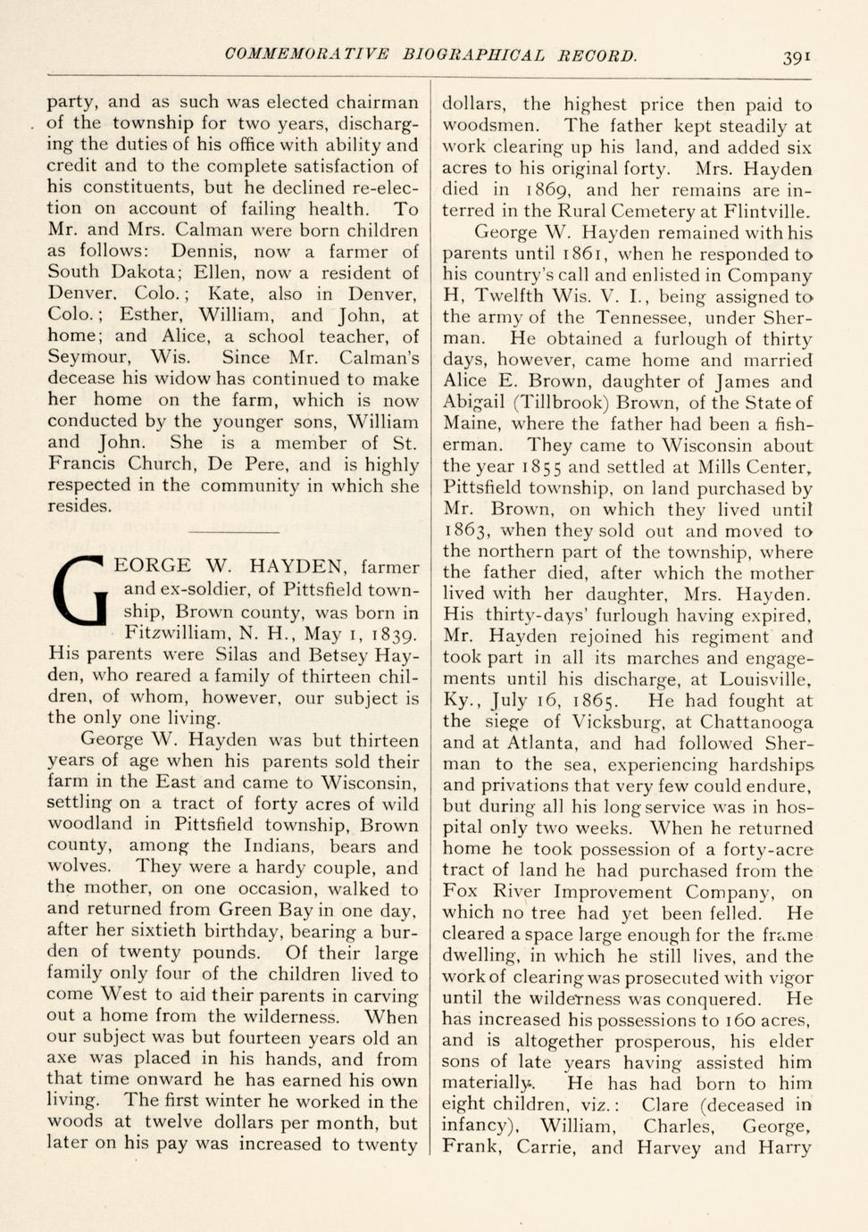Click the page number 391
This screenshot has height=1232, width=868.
click(x=797, y=57)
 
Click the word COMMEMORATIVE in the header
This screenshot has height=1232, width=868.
click(x=307, y=55)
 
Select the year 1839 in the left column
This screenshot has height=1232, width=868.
click(x=384, y=635)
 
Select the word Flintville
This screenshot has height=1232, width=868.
click(x=764, y=212)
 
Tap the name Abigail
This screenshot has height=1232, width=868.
click(x=472, y=403)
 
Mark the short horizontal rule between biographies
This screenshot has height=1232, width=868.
click(x=235, y=532)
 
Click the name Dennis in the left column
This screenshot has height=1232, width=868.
click(x=204, y=253)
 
